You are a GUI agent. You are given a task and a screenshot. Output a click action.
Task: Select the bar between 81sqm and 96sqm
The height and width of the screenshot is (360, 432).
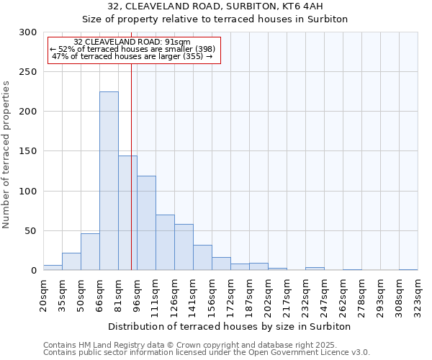click(127, 213)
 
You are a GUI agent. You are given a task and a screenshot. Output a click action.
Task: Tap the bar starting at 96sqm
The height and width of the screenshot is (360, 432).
click(146, 223)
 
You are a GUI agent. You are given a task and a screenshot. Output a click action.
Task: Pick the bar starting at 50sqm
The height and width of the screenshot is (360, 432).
click(90, 252)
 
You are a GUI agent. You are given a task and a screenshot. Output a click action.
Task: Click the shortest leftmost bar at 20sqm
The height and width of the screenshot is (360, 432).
click(53, 268)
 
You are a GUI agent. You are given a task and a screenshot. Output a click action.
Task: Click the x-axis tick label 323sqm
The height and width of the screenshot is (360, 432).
click(418, 295)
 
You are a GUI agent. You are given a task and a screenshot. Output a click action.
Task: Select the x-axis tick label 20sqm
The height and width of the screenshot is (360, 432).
click(44, 295)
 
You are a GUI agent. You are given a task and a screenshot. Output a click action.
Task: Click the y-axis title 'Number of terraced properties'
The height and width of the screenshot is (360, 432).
click(7, 154)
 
